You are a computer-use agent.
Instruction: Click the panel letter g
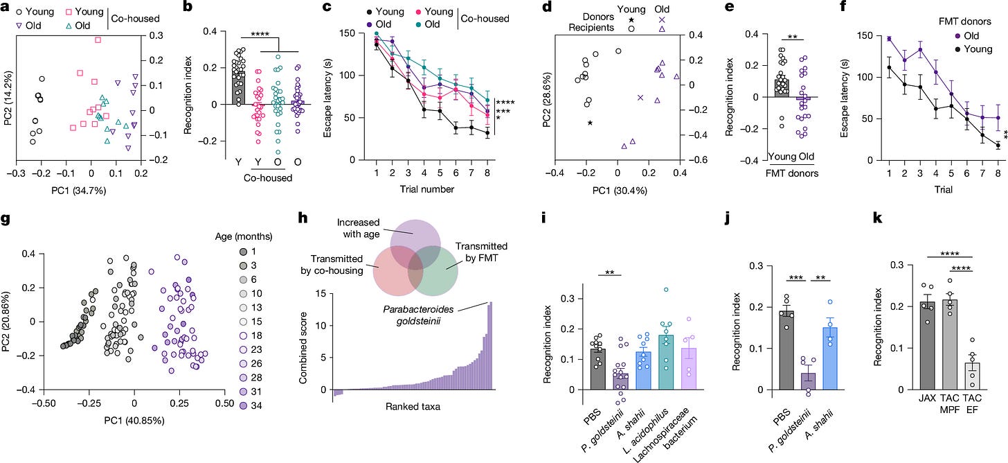click(x=6, y=220)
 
